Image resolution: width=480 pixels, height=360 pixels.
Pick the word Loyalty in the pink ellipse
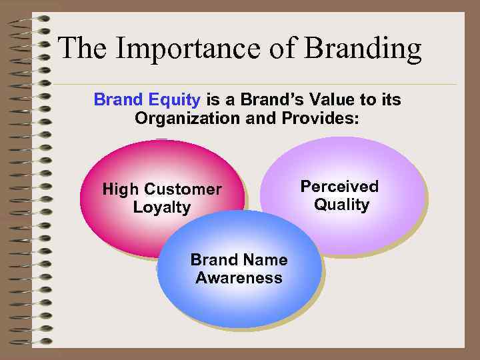162,207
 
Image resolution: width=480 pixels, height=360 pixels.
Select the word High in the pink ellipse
121,189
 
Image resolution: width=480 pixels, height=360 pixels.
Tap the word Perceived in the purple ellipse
339,186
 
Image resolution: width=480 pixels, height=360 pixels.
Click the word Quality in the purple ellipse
341,205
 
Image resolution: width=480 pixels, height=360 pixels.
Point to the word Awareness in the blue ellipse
239,278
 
